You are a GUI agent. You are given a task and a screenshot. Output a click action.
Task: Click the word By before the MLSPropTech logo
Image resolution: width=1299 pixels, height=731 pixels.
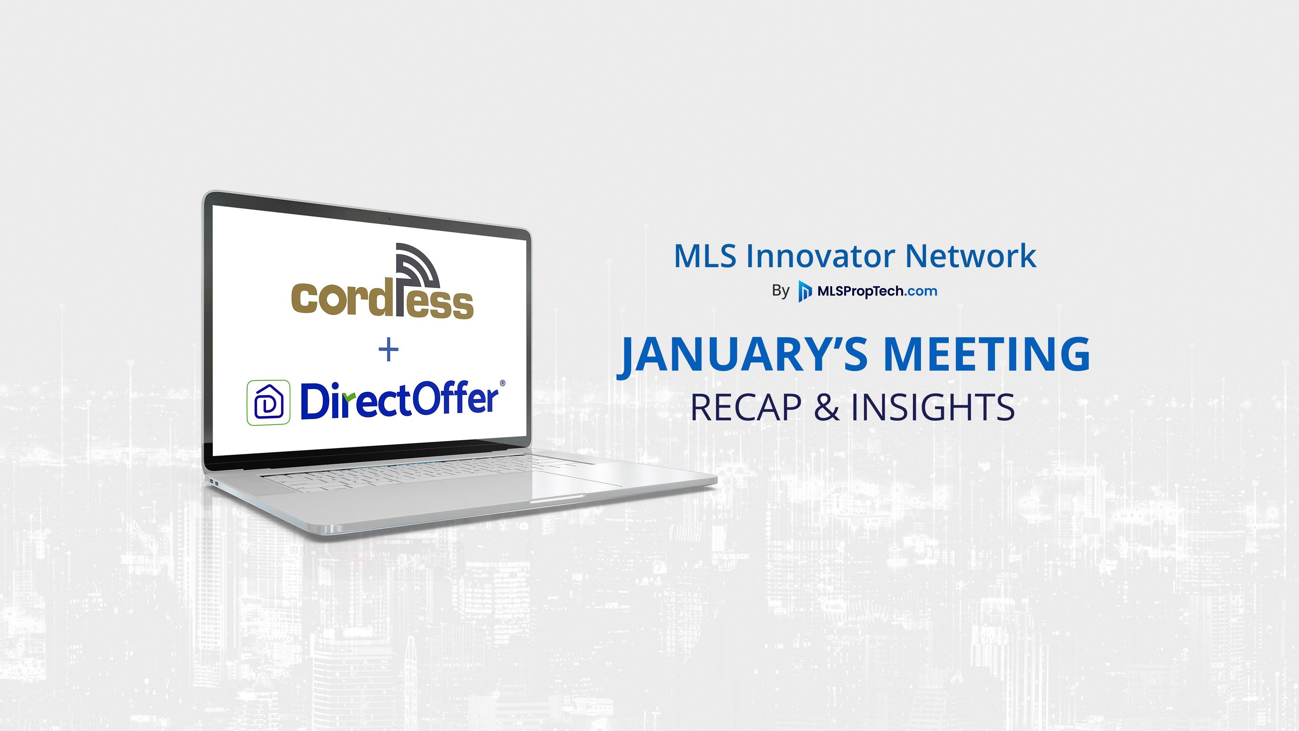pyautogui.click(x=781, y=291)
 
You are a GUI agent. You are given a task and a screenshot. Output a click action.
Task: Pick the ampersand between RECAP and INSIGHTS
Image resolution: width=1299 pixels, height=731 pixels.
pyautogui.click(x=827, y=408)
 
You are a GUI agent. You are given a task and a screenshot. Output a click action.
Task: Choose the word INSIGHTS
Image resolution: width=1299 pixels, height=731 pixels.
pyautogui.click(x=933, y=408)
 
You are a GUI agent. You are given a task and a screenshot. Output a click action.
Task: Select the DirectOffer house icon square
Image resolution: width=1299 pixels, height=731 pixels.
pyautogui.click(x=268, y=402)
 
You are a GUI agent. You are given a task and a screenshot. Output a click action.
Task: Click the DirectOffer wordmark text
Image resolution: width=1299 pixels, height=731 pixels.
pyautogui.click(x=399, y=401)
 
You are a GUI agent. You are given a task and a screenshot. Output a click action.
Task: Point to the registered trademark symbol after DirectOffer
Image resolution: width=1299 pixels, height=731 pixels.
pyautogui.click(x=502, y=383)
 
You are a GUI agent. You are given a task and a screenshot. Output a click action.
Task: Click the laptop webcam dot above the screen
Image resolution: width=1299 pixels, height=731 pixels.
pyautogui.click(x=390, y=219)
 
